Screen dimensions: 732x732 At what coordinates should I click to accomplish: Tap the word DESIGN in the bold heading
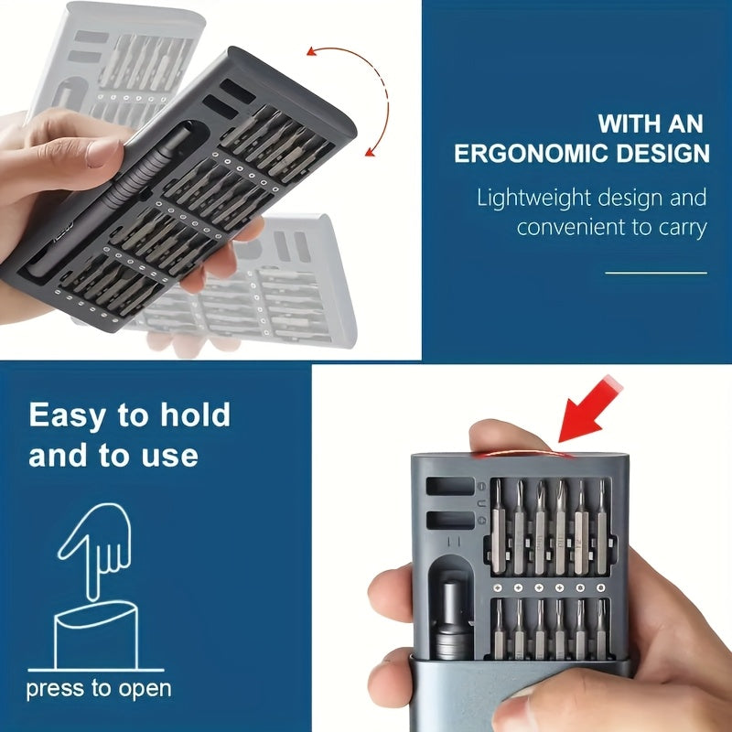(662, 153)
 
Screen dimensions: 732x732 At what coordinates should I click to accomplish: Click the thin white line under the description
(656, 273)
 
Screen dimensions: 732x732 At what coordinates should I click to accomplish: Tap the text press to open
(98, 688)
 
